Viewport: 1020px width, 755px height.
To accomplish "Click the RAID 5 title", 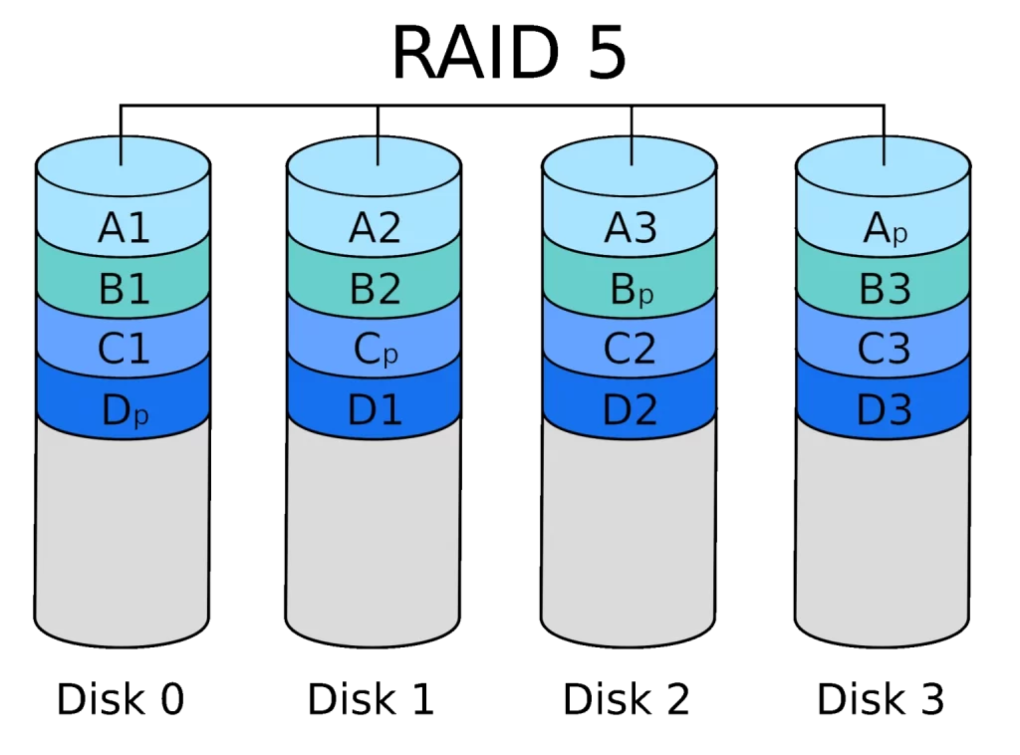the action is [x=509, y=54].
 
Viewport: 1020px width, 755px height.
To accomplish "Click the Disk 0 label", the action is [x=121, y=699].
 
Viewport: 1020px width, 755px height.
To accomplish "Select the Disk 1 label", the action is [x=371, y=699].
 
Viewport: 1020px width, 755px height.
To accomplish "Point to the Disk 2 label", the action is [x=626, y=699].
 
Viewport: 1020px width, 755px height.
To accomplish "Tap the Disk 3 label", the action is [x=881, y=699].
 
